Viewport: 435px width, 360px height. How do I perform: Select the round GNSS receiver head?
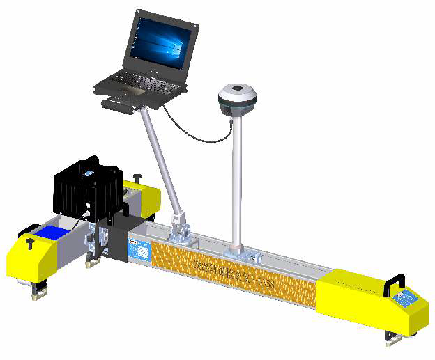237,100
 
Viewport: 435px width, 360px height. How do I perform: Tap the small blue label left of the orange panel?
140,247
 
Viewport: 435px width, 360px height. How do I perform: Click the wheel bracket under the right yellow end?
391,338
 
